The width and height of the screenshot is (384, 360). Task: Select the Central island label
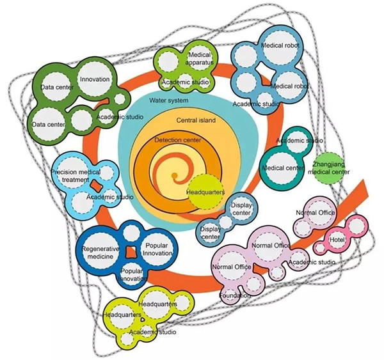pos(195,120)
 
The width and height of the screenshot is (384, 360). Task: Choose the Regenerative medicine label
pos(98,252)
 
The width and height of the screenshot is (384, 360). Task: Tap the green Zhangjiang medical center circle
pos(331,168)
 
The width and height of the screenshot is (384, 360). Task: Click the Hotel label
pos(337,239)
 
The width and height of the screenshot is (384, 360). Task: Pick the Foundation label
pos(235,295)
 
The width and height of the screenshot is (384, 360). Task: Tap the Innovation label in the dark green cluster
pos(95,80)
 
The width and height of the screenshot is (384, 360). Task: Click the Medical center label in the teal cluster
pos(282,168)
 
